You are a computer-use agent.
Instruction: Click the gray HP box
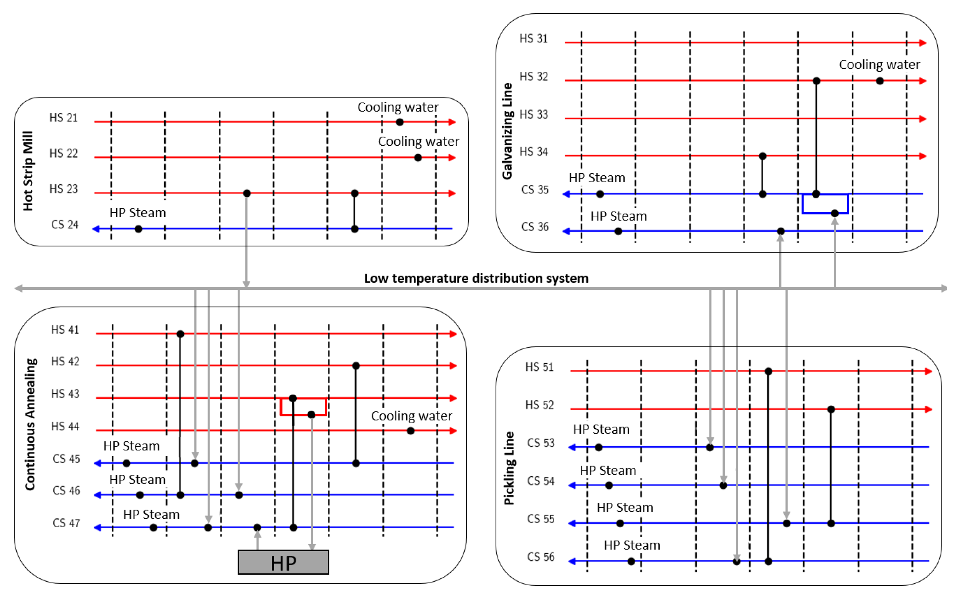[x=283, y=562]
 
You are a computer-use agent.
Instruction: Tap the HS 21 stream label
[x=63, y=118]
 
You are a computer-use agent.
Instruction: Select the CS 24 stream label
[x=65, y=225]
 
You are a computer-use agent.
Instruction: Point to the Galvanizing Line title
[x=507, y=131]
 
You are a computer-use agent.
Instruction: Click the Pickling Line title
[x=509, y=468]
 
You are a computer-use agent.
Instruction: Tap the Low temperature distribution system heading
[x=476, y=278]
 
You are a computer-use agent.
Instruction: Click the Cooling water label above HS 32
[x=879, y=64]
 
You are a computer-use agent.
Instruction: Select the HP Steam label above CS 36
[x=618, y=216]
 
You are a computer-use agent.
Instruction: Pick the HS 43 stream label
[x=65, y=394]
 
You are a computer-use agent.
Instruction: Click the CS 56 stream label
[x=540, y=557]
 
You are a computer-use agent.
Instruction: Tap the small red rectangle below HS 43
[x=303, y=407]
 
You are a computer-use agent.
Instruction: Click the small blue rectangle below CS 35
[x=825, y=203]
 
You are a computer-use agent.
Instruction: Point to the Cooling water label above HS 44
[x=411, y=416]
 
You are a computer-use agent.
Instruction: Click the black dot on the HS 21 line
[x=400, y=122]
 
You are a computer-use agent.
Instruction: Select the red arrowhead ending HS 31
[x=922, y=43]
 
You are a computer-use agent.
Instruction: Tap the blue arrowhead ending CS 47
[x=97, y=527]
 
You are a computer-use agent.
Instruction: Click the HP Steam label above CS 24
[x=137, y=213]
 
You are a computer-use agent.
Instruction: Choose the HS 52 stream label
[x=539, y=405]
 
